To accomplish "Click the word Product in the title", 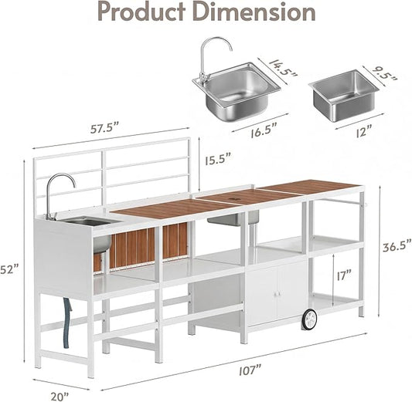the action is (141, 12).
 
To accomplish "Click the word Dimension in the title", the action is (254, 12).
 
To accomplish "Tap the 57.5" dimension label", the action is (105, 128).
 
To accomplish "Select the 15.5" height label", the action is (218, 160).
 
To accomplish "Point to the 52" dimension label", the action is (10, 269).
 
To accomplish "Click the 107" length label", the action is (250, 370).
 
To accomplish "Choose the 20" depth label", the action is (60, 397).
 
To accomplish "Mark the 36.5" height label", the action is (397, 247).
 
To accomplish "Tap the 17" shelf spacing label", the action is (344, 275).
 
